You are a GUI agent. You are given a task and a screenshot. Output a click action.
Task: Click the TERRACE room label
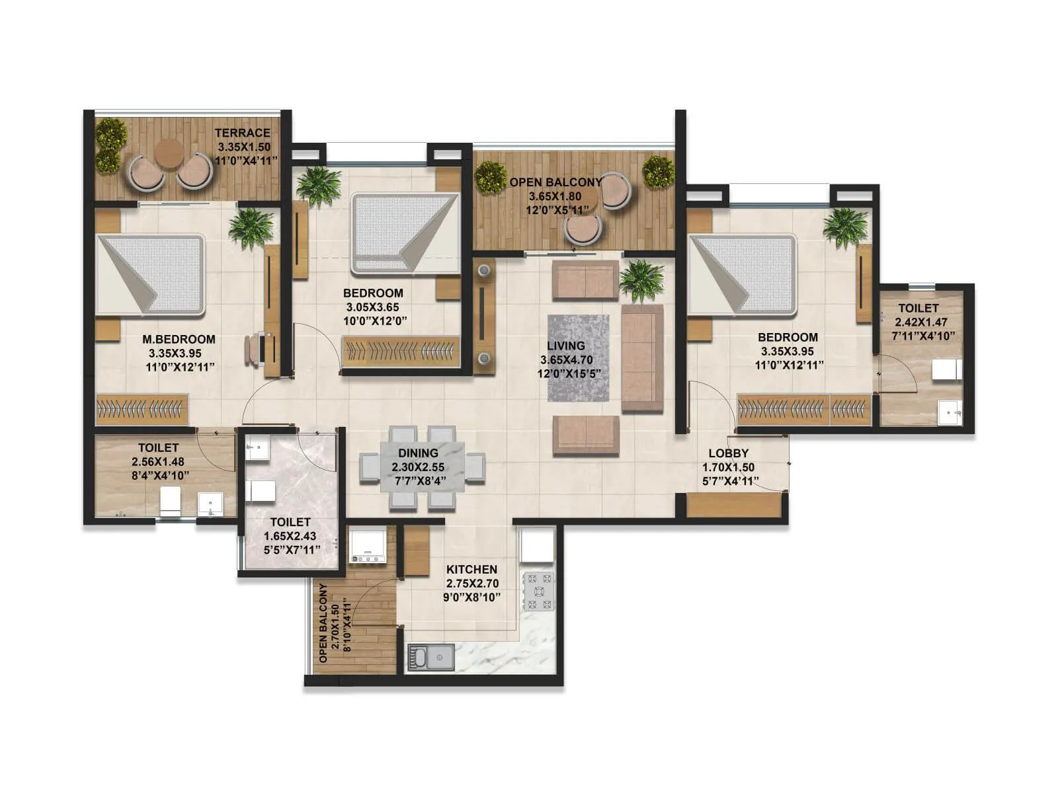(242, 133)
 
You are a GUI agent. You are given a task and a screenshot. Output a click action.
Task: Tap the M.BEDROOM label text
(179, 339)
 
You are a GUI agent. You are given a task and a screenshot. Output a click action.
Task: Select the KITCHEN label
(471, 569)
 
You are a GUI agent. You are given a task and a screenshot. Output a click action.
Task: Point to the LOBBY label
(728, 453)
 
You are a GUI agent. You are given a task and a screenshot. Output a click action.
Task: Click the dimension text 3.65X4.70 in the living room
(566, 360)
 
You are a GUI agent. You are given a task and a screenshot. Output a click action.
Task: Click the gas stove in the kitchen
(538, 591)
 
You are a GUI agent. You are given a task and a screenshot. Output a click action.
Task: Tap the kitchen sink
(430, 657)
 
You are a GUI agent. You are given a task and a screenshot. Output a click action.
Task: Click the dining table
(422, 467)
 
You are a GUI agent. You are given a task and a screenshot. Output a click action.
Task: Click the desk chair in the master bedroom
(253, 349)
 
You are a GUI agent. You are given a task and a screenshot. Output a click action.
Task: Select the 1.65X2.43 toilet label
(290, 536)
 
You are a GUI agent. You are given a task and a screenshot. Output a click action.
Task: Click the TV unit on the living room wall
(485, 313)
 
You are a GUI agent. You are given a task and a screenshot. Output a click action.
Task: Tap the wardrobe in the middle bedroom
(400, 351)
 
